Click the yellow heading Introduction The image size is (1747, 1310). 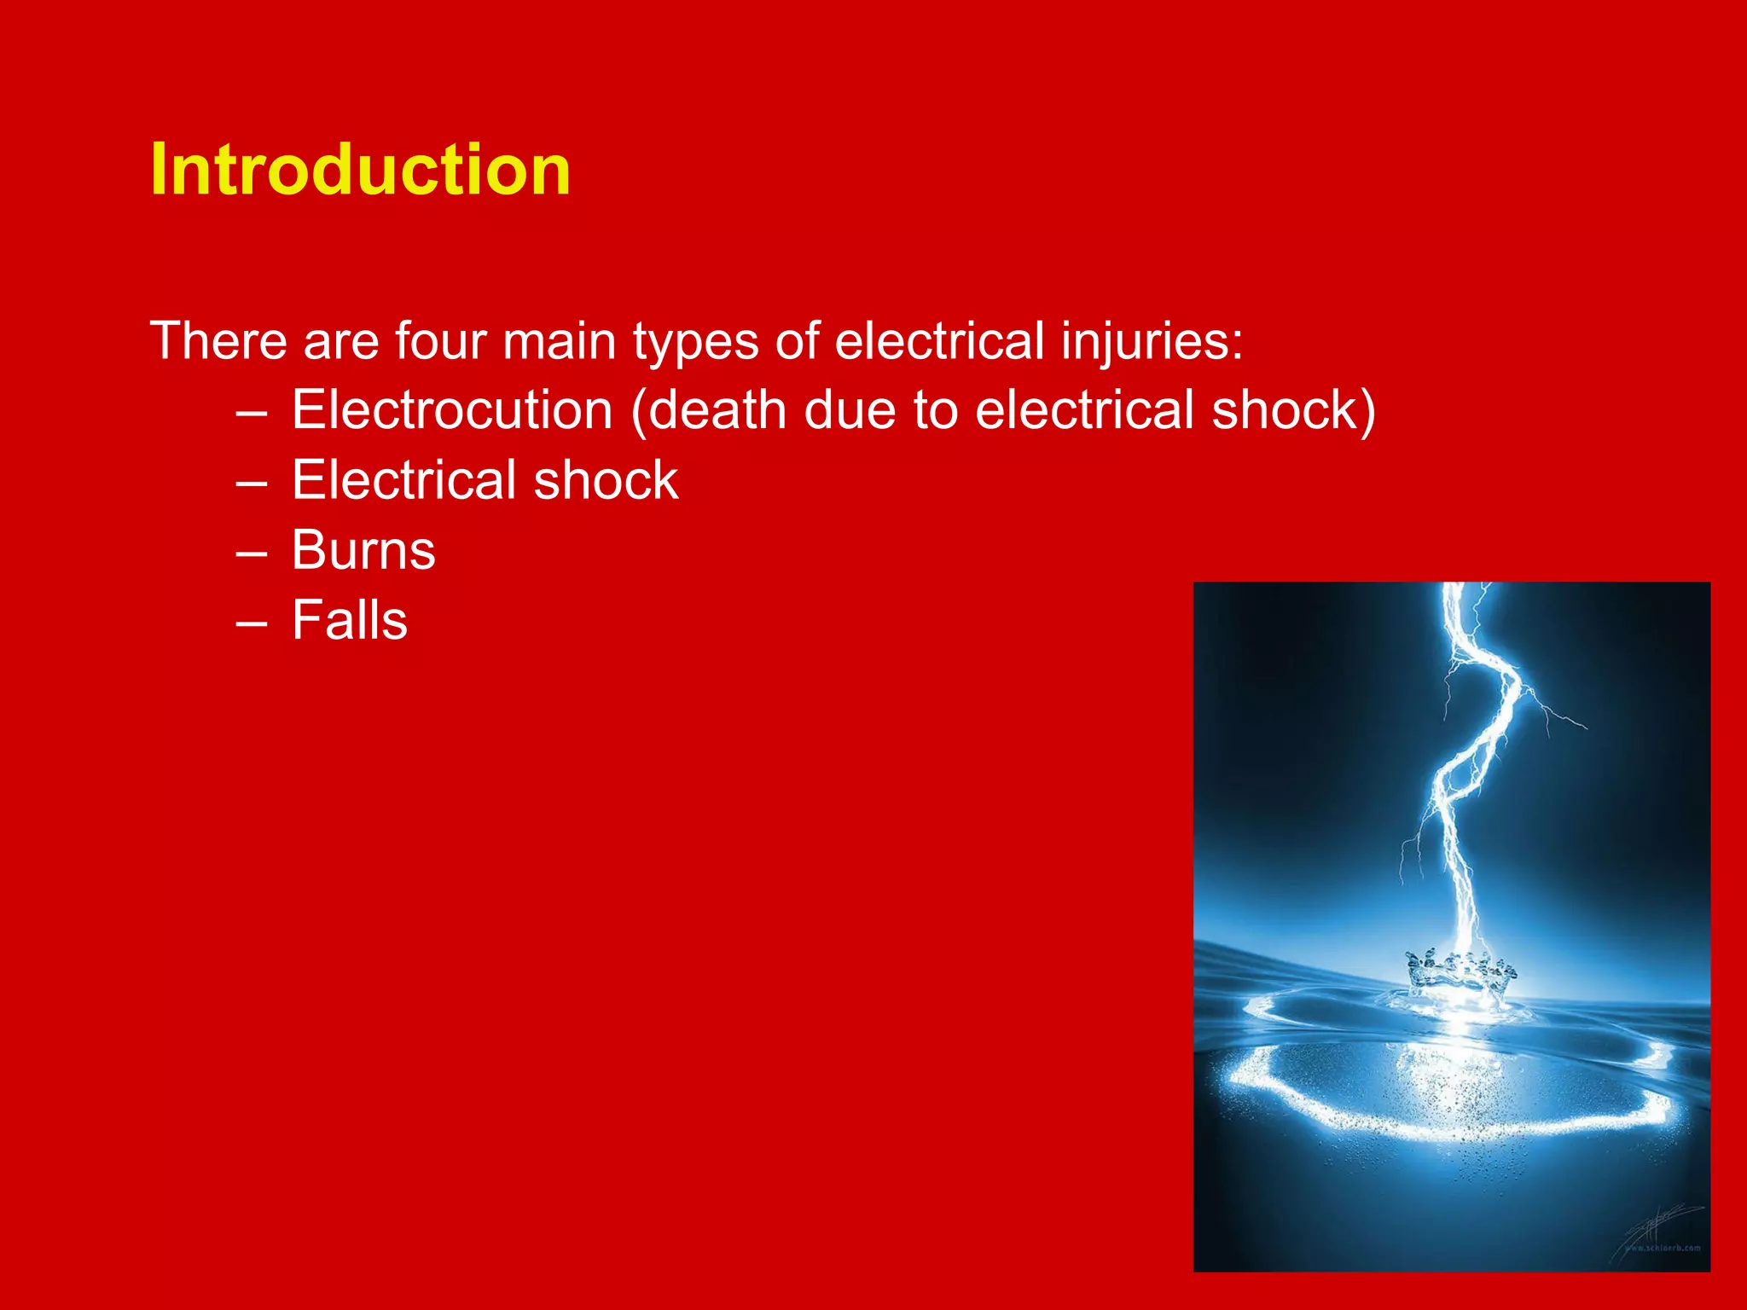360,170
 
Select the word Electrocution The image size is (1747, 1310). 452,410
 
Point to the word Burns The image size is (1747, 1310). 363,550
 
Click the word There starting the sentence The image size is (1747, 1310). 218,341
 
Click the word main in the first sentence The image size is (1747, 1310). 559,341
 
